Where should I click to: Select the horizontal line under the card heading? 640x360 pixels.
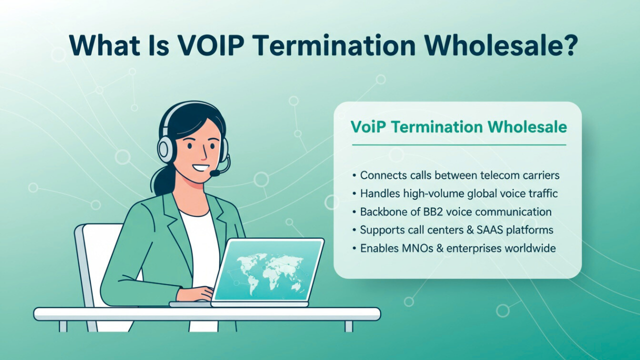tap(458, 145)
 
